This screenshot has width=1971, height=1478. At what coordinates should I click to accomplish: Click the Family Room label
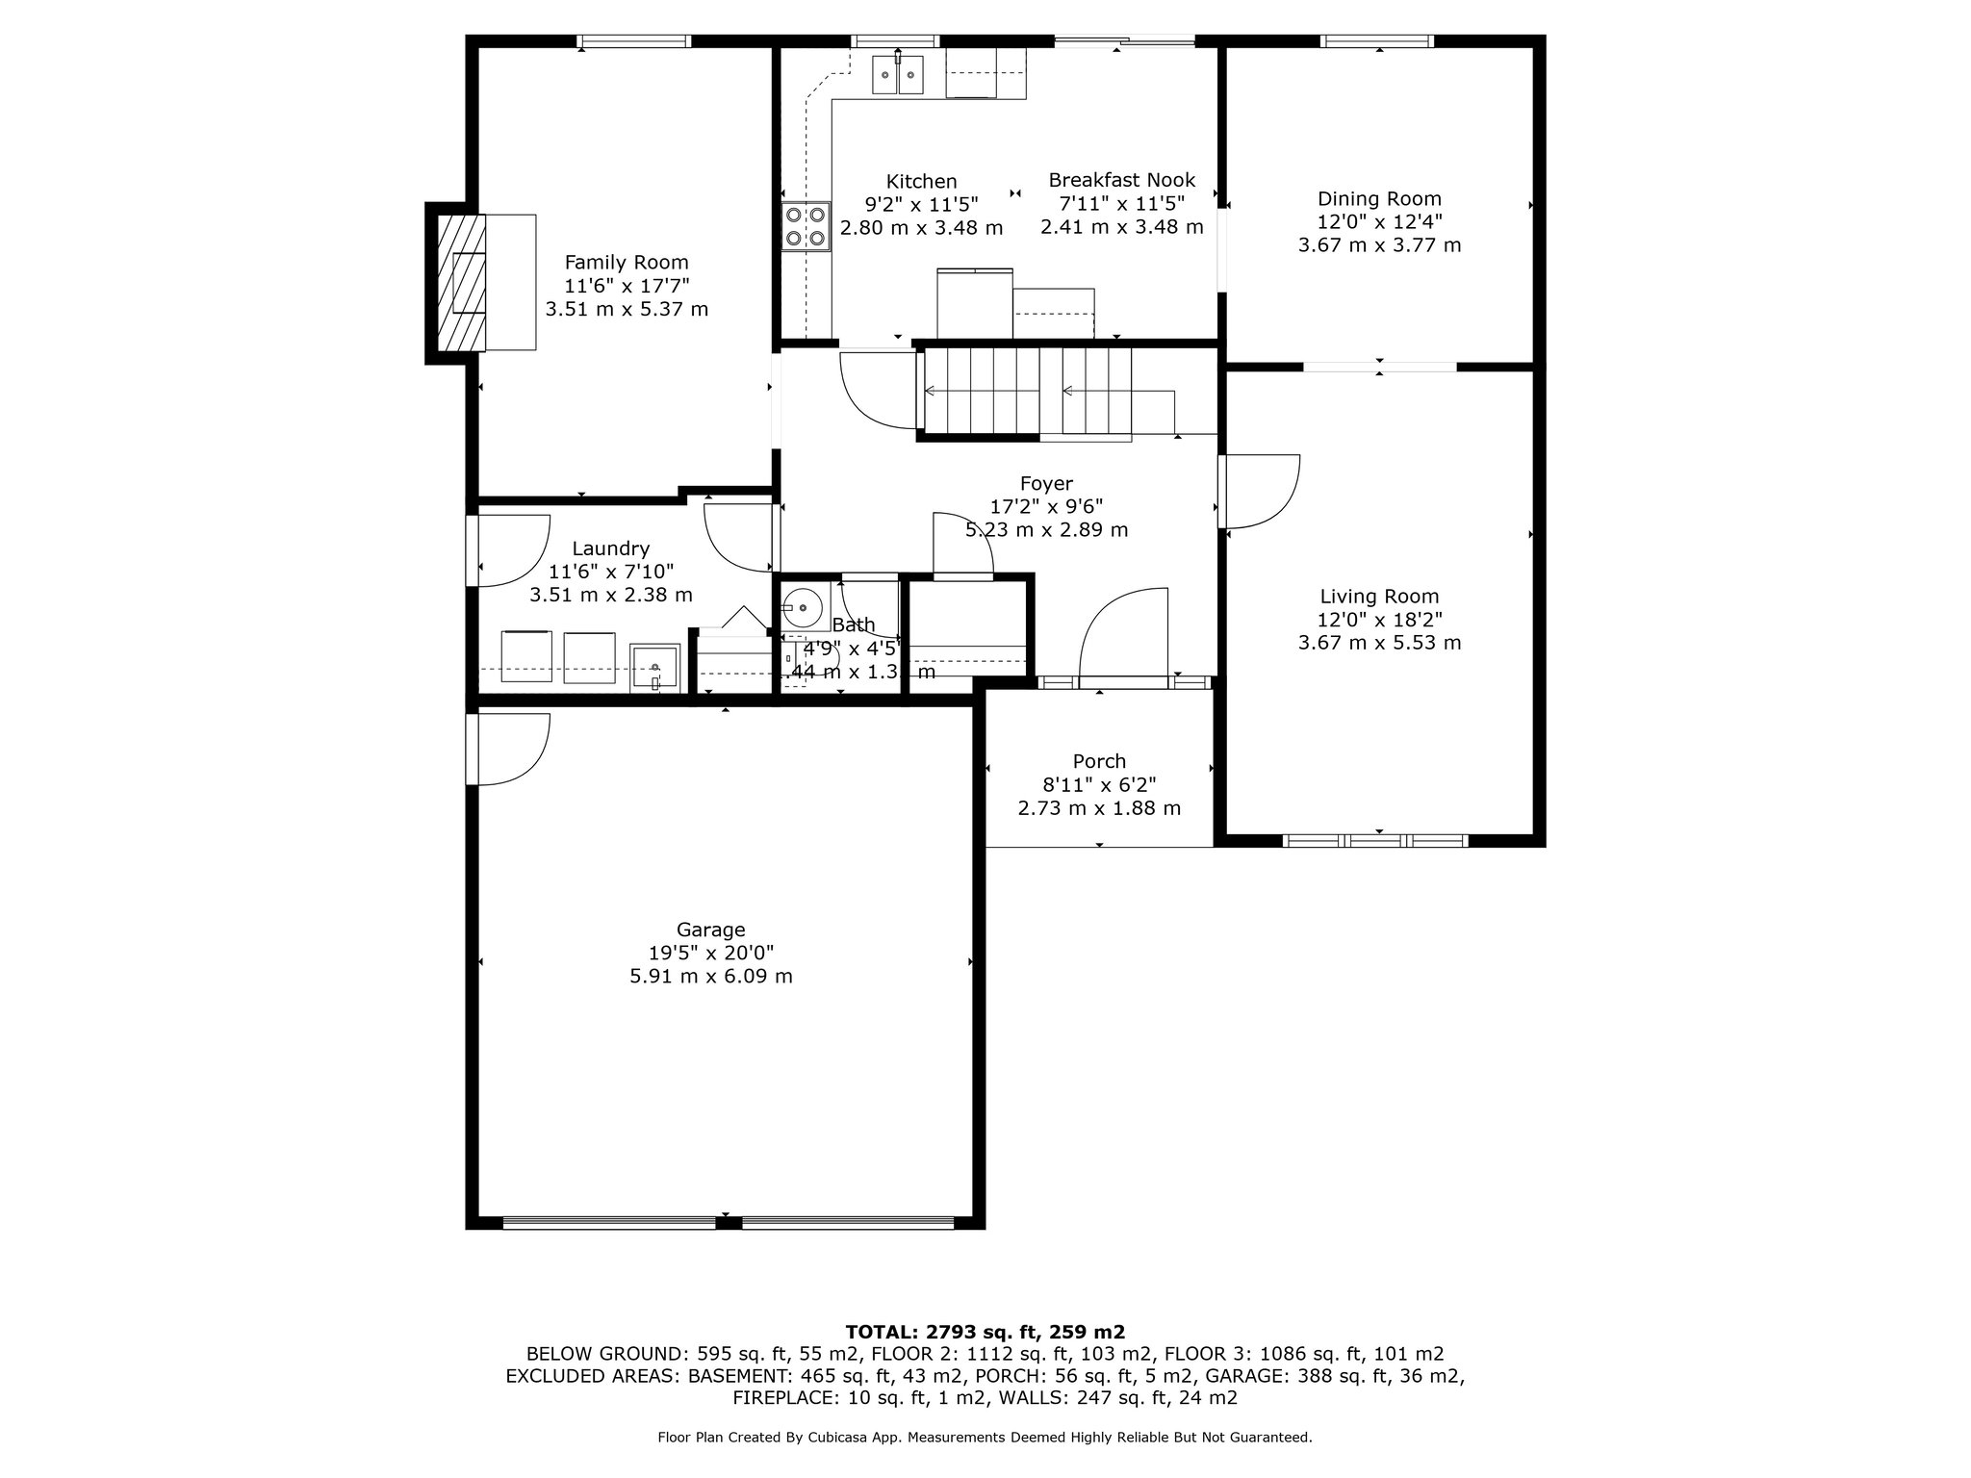(627, 262)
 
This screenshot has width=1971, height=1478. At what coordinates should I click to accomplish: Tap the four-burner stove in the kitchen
(806, 227)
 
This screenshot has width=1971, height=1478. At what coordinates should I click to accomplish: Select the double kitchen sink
(898, 75)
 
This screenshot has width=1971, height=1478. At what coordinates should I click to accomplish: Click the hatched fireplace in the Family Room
(462, 283)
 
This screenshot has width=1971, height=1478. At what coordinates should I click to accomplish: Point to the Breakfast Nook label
(1121, 180)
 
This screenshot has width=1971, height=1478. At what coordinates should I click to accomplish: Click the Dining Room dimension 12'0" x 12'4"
(1379, 222)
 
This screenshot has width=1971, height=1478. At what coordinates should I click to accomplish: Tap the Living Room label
(1379, 597)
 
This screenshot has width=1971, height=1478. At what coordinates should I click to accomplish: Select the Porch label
(1099, 761)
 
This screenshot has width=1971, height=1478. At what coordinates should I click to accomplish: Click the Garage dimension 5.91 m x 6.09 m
(710, 977)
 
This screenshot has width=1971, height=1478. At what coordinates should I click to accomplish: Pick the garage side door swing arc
(515, 750)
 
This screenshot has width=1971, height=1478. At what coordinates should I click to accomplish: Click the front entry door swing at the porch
(1122, 636)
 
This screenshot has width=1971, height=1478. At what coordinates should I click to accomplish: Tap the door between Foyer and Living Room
(1261, 492)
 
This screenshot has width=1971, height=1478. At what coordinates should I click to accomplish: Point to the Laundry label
(610, 548)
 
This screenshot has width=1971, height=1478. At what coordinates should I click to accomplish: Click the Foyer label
(1046, 483)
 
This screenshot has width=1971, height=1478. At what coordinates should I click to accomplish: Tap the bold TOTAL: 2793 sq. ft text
(985, 1332)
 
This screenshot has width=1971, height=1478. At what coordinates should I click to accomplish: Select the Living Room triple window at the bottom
(1376, 841)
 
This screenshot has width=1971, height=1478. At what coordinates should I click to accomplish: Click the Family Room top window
(634, 41)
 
